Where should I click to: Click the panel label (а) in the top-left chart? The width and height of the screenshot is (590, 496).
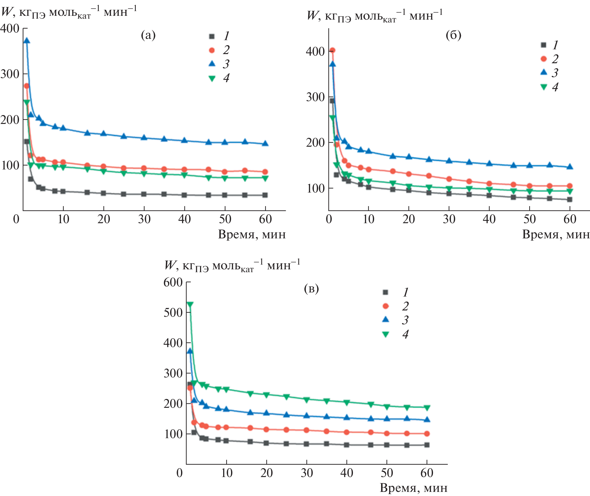[148, 35]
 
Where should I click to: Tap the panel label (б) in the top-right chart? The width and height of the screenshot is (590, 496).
[453, 35]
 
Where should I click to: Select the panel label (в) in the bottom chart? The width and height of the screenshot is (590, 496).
[311, 288]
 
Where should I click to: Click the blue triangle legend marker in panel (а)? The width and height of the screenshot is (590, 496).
[212, 64]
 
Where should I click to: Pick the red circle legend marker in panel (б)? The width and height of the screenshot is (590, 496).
[543, 59]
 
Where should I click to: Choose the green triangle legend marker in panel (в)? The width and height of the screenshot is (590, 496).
[386, 334]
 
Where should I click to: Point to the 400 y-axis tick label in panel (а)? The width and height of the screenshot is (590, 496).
[10, 28]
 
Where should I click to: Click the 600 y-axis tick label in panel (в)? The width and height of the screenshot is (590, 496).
[173, 282]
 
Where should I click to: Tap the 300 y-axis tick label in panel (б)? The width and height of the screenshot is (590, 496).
[315, 97]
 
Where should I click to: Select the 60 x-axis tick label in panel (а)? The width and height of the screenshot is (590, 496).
[265, 219]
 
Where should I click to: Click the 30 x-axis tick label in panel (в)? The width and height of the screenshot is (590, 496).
[307, 473]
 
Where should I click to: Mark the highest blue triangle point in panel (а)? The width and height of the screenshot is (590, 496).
[27, 40]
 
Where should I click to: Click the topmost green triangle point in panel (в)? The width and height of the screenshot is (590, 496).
[190, 304]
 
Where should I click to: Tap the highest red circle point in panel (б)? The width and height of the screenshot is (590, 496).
[332, 50]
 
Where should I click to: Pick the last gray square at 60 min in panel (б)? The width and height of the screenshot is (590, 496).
[570, 199]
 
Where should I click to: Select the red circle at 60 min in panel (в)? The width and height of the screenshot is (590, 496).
[427, 434]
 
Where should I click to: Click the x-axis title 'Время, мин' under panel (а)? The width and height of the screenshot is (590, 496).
[252, 235]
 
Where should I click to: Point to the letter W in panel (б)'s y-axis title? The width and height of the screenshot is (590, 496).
[312, 15]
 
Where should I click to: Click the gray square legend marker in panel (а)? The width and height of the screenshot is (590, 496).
[212, 36]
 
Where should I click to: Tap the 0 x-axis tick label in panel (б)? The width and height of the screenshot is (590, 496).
[329, 219]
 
